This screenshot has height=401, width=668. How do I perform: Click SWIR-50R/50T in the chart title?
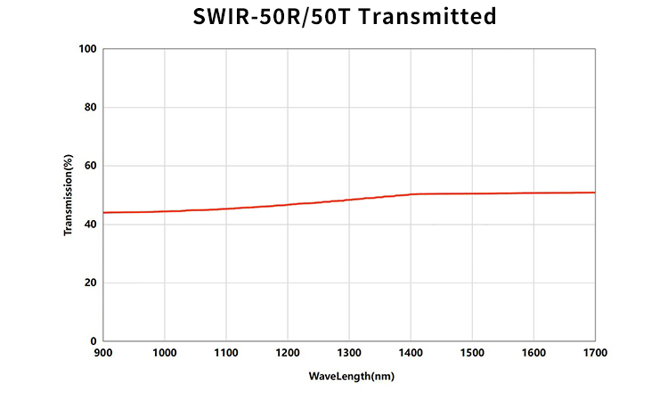[x=268, y=17]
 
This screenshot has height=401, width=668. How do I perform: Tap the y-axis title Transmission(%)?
[x=68, y=195]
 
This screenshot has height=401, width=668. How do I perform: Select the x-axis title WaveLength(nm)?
[x=351, y=376]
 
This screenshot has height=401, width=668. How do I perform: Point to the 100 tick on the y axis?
[x=86, y=49]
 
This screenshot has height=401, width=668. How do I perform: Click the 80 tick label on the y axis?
[x=89, y=108]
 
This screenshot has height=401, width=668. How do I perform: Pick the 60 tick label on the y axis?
[x=89, y=166]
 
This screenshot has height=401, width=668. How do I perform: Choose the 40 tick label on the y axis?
[x=89, y=225]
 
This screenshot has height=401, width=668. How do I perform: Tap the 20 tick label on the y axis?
[x=89, y=282]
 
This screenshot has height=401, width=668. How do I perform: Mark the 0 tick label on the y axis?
[x=93, y=341]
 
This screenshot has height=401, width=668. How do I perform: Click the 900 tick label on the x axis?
[x=103, y=354]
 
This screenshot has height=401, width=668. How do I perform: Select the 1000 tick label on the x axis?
[x=165, y=354]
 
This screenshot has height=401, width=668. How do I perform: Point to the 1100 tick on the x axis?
[x=226, y=354]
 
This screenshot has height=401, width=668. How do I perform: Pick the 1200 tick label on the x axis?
[x=288, y=354]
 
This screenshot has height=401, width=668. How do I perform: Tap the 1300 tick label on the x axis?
[x=349, y=354]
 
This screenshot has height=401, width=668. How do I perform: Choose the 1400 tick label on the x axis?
[x=411, y=354]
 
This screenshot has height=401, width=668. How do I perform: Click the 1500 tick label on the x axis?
[x=472, y=354]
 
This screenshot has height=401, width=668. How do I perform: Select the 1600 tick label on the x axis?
[x=534, y=354]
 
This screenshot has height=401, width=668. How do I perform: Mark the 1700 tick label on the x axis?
[x=594, y=354]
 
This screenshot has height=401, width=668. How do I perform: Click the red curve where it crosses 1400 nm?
[x=411, y=194]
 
